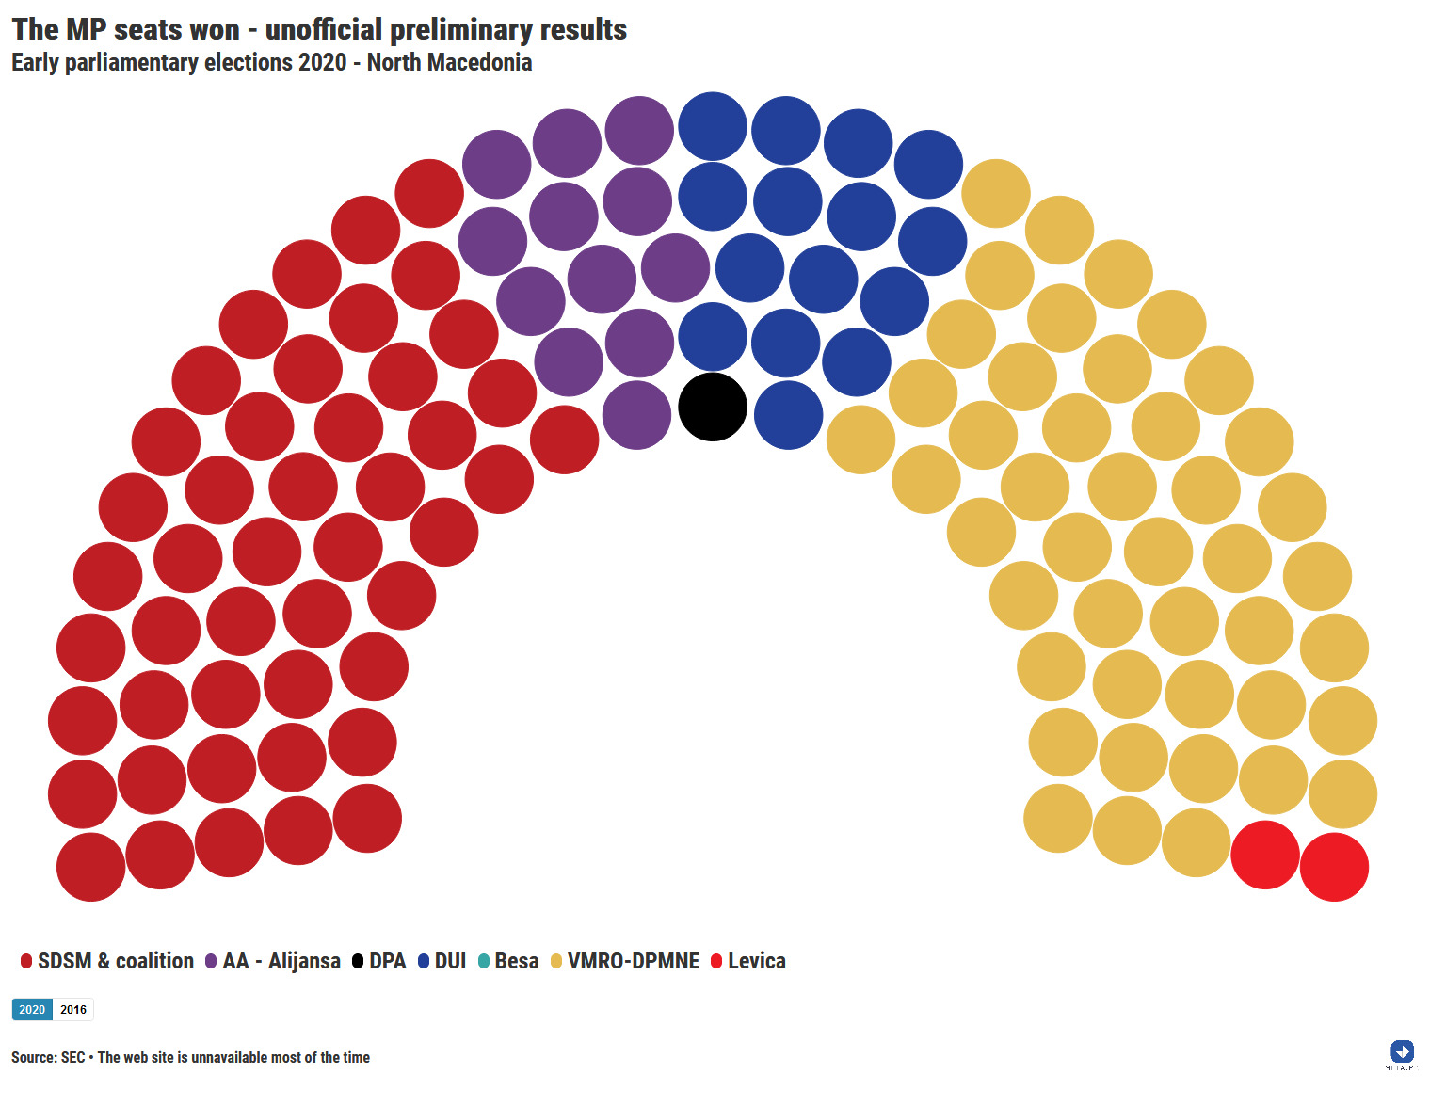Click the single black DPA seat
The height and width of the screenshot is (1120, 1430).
point(713,407)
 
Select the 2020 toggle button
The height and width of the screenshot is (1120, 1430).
point(32,1010)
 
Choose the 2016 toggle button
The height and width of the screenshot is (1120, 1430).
point(73,1010)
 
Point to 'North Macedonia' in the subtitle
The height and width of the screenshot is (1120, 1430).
point(449,63)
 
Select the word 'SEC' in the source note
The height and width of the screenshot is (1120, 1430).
point(72,1058)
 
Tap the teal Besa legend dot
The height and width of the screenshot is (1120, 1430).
point(484,961)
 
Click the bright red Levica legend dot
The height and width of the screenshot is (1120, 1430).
point(716,961)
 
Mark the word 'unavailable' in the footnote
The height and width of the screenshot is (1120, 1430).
point(229,1058)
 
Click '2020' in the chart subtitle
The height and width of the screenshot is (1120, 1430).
point(322,63)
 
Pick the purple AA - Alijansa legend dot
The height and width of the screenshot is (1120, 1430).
point(211,961)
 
